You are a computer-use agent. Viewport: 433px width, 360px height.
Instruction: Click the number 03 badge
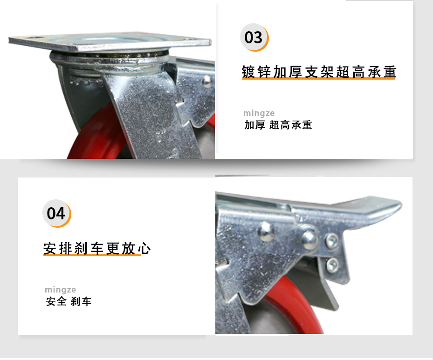254,38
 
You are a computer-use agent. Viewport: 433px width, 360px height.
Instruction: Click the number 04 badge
56,213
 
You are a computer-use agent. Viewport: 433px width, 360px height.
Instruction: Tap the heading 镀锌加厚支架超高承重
319,72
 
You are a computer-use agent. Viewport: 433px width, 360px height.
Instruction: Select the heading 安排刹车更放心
97,248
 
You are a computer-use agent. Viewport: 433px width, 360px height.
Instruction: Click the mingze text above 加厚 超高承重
259,113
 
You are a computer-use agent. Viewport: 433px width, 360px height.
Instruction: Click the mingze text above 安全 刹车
60,290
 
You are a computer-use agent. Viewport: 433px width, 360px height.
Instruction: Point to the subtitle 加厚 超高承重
278,125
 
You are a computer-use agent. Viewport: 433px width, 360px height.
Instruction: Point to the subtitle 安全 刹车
69,301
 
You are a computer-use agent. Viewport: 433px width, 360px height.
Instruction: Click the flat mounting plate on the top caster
110,42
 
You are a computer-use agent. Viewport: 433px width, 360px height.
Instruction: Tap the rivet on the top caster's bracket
207,82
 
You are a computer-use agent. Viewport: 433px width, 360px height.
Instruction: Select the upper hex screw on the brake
331,241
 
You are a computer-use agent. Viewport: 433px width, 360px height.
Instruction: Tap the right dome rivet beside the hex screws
309,239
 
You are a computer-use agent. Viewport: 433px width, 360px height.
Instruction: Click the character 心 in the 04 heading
144,248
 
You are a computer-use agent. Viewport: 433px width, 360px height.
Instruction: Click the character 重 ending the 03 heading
390,72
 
